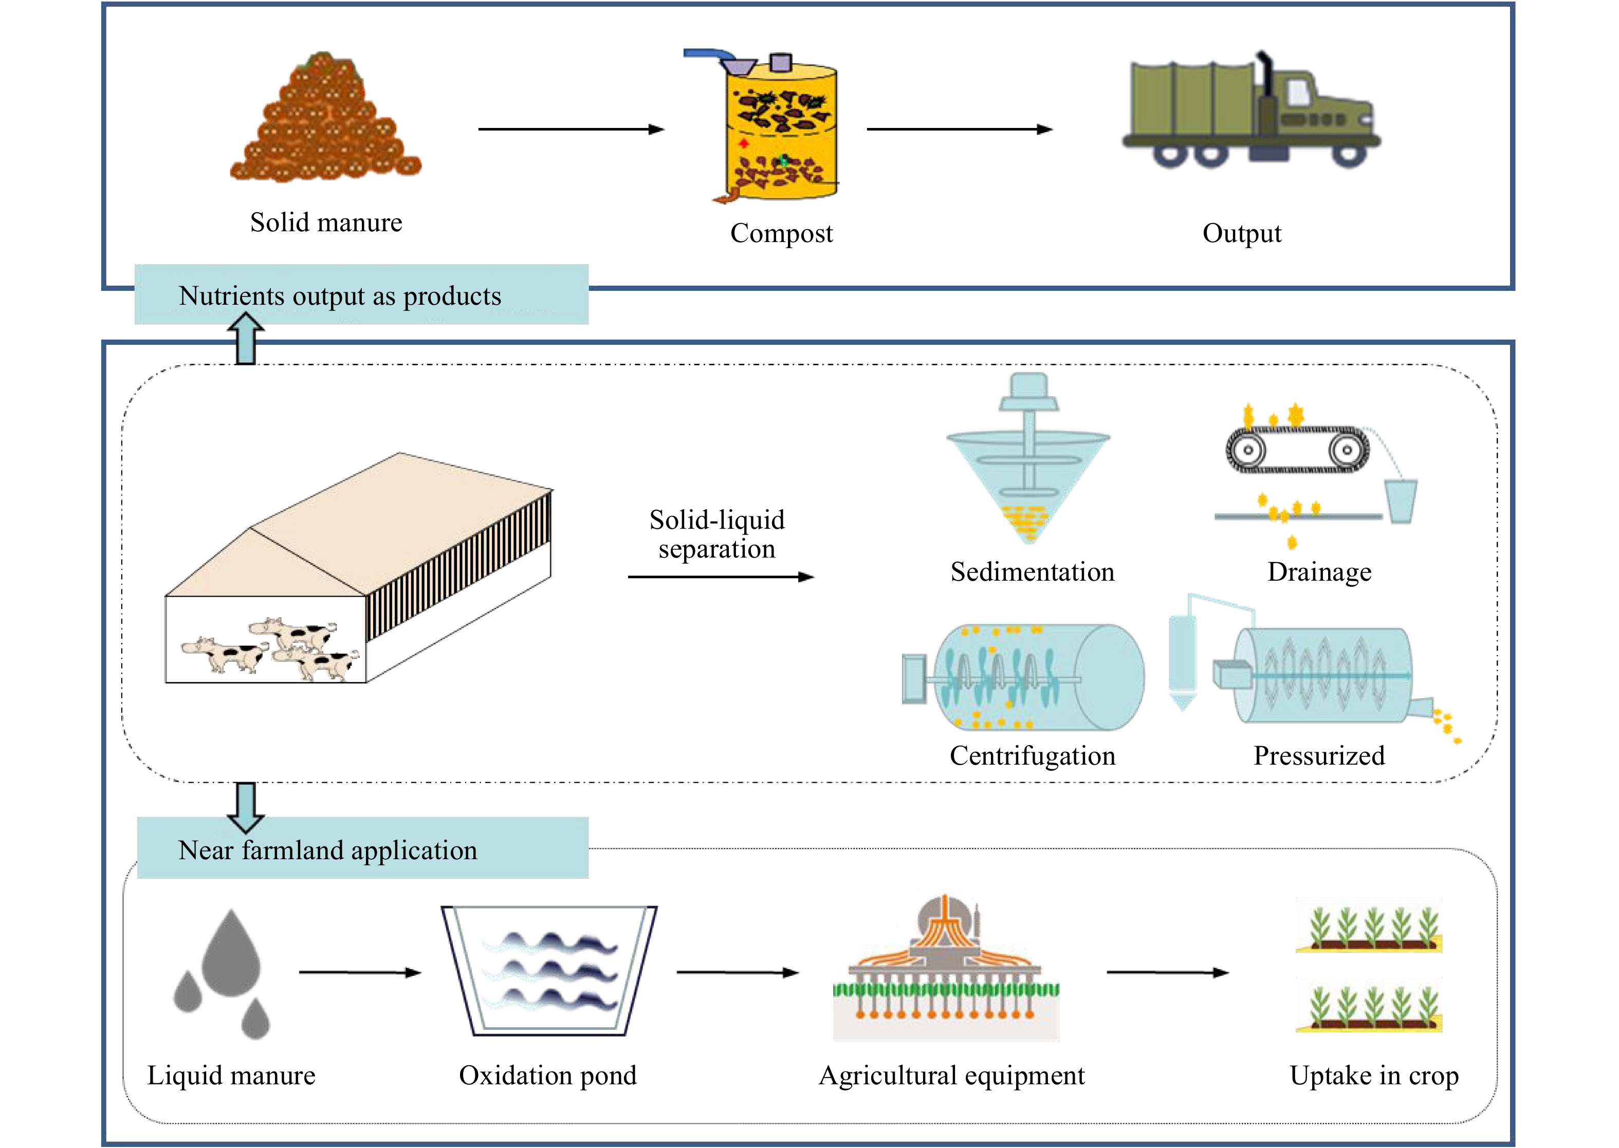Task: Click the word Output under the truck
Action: (1241, 233)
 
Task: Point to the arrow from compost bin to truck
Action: (959, 129)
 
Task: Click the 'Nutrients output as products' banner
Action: (361, 295)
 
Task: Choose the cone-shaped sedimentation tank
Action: (1028, 480)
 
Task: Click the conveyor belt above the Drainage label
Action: (1297, 450)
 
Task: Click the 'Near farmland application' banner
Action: (362, 849)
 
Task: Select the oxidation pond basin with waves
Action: (548, 972)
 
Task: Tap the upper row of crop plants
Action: (1369, 930)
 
